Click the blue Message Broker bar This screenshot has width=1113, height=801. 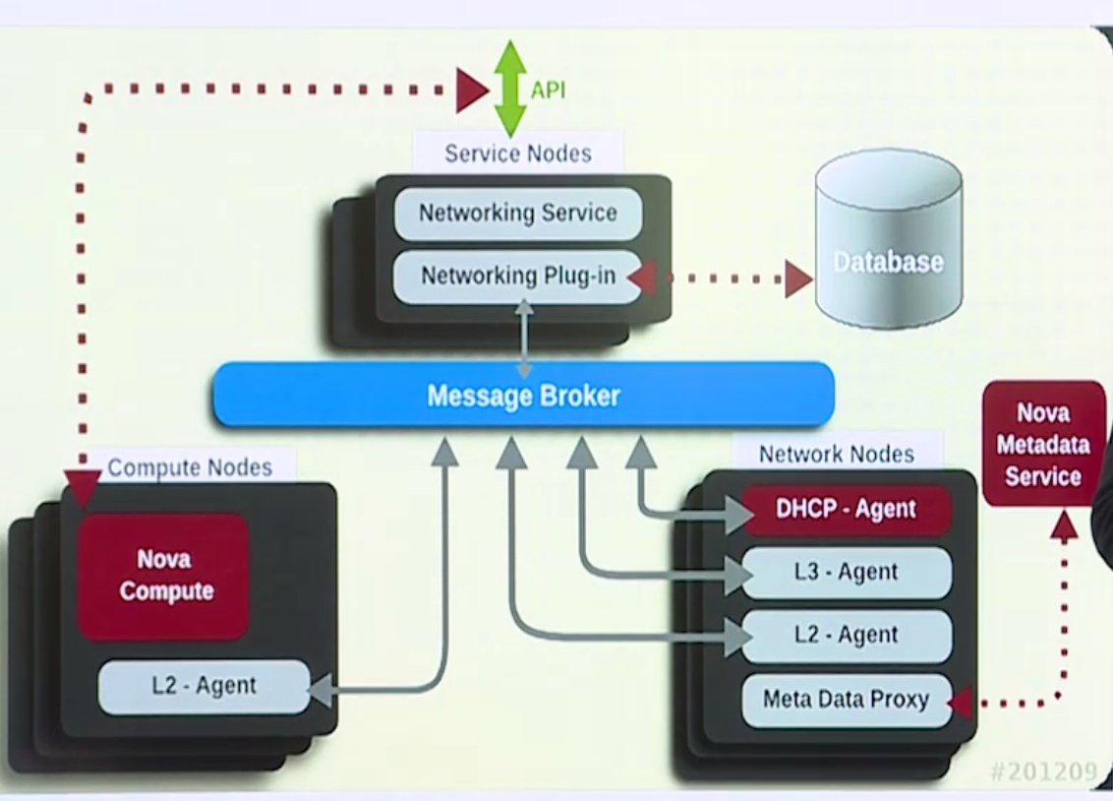523,395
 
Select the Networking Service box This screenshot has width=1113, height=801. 518,214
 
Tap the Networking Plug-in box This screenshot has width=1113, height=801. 518,277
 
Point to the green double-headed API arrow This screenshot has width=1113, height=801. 510,89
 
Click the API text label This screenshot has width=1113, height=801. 549,91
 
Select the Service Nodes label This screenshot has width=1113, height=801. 518,154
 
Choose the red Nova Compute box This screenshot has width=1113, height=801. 163,576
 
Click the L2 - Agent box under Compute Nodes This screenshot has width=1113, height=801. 205,686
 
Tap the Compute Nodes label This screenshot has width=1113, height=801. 190,467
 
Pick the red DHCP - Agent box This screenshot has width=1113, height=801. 846,510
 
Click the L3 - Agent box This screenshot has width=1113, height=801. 846,573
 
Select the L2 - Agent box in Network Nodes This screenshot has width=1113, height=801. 846,636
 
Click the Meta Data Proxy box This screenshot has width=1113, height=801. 846,700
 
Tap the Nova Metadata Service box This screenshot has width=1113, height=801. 1043,445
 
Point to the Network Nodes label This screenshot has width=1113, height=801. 837,454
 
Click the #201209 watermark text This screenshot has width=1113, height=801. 1043,771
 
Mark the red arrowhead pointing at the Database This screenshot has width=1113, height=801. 797,278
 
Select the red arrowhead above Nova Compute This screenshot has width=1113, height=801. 83,487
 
